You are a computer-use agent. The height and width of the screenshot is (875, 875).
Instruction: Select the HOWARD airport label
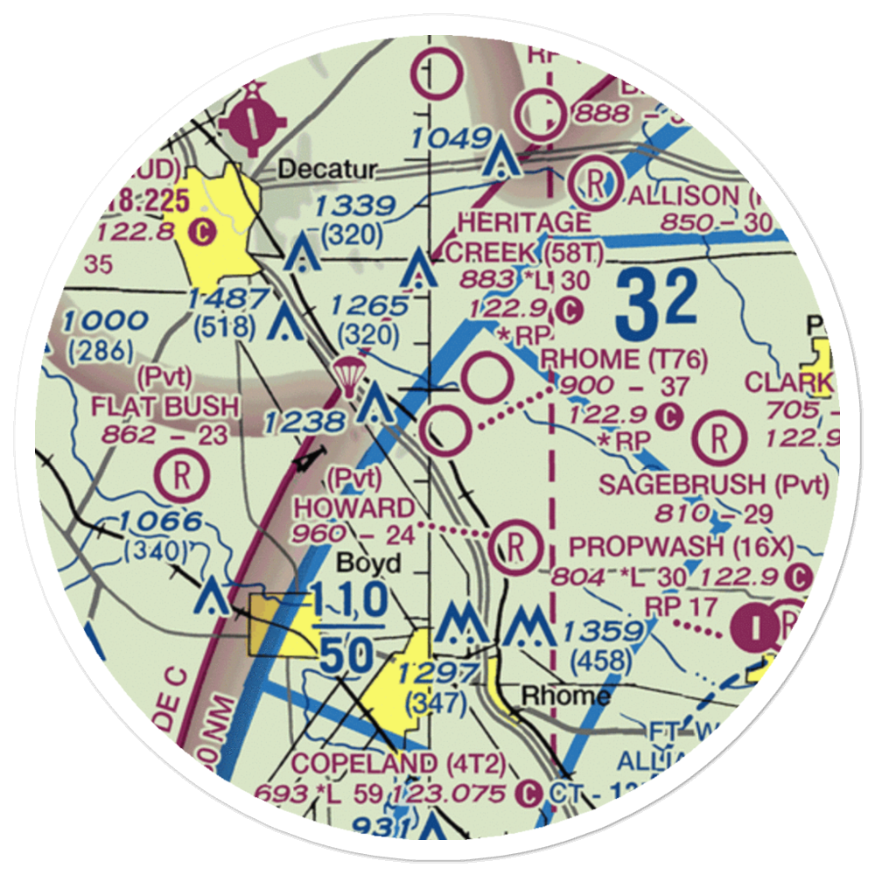353,507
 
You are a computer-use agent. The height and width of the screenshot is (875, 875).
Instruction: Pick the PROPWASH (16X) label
682,547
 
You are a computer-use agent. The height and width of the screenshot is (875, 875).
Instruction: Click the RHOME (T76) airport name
624,358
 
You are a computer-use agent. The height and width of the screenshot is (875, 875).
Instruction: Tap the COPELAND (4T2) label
398,762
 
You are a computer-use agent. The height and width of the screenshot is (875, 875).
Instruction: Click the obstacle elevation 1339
354,206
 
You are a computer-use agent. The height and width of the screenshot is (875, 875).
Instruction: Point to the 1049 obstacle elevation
450,137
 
